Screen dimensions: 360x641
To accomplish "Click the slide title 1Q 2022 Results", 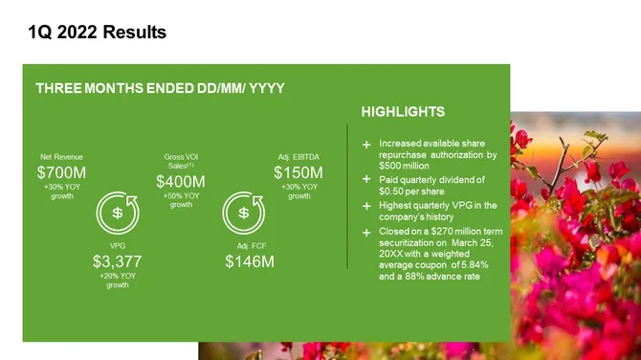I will pyautogui.click(x=98, y=33).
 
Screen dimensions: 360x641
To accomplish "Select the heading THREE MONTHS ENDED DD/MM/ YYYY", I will pyautogui.click(x=160, y=88).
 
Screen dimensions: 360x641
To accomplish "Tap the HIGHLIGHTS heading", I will pyautogui.click(x=403, y=112).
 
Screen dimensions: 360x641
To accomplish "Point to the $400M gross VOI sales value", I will pyautogui.click(x=181, y=181).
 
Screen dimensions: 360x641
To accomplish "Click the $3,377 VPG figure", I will pyautogui.click(x=118, y=260).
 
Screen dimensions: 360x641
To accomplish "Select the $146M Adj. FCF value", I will pyautogui.click(x=250, y=260).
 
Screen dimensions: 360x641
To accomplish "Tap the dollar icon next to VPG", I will pyautogui.click(x=118, y=213).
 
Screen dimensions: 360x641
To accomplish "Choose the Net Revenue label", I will pyautogui.click(x=61, y=155).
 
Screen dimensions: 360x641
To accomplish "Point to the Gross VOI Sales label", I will pyautogui.click(x=181, y=160).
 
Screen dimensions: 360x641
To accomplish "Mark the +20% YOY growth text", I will pyautogui.click(x=118, y=281).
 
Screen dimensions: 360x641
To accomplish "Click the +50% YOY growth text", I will pyautogui.click(x=181, y=200).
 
